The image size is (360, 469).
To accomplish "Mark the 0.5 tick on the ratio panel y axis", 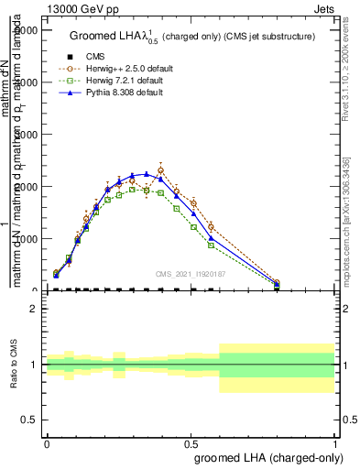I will [29, 420].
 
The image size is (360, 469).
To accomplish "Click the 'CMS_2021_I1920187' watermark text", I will [189, 274].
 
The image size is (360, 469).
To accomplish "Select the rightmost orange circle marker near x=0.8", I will [277, 283].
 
